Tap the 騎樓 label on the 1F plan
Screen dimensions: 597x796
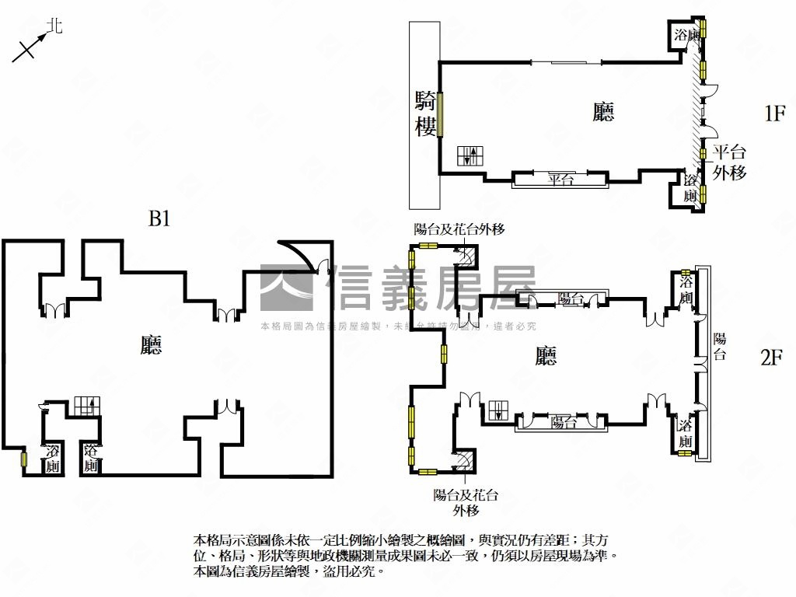[425, 113]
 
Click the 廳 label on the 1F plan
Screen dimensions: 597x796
[603, 113]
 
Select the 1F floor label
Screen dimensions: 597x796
[775, 114]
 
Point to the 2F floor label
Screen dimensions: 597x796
[771, 358]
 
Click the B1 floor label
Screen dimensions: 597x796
[159, 220]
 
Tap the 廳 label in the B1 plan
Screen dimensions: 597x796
[152, 344]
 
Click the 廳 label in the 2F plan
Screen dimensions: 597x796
[546, 356]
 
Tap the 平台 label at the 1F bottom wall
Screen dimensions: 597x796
[560, 180]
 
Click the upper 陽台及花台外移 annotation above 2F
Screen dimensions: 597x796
[459, 229]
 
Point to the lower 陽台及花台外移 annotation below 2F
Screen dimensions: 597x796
[466, 502]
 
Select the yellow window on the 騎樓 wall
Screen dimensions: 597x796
[440, 114]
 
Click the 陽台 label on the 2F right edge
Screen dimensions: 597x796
[720, 347]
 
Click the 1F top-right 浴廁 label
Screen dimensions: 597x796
[685, 35]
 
